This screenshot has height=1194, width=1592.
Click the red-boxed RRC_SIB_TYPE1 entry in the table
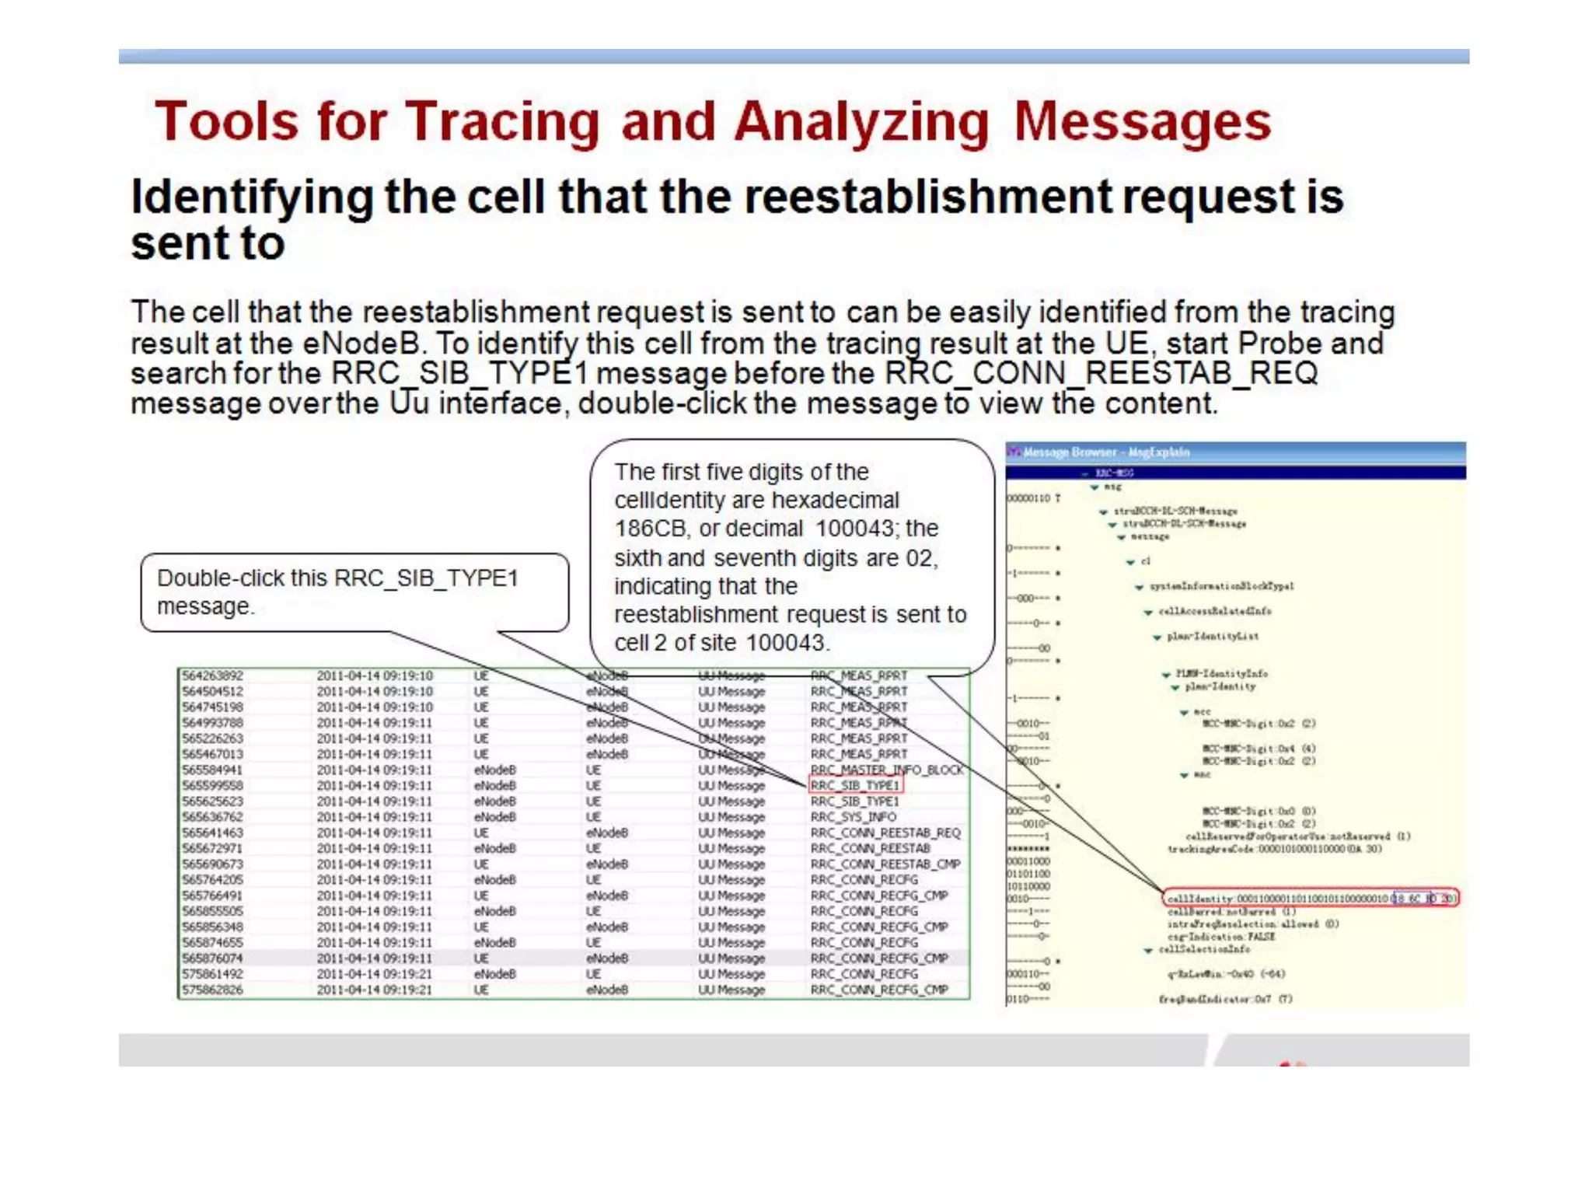(x=854, y=785)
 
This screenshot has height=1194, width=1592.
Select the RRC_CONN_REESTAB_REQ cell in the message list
(x=885, y=833)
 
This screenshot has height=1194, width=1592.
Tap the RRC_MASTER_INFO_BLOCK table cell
(x=887, y=770)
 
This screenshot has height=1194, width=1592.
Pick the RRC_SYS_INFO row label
(x=853, y=817)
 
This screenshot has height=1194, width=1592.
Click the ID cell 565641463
(x=212, y=833)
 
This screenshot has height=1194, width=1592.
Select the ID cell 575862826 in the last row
(x=212, y=990)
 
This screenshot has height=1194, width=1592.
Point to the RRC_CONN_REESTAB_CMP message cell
(x=885, y=864)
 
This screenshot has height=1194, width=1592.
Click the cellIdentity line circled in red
(x=1311, y=899)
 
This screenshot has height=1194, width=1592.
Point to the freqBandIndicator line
(x=1225, y=999)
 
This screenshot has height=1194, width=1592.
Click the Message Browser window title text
(x=1106, y=452)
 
